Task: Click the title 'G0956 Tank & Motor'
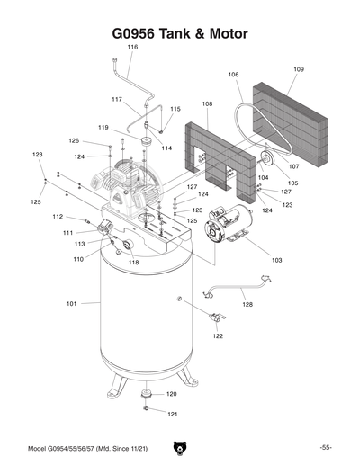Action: pos(179,33)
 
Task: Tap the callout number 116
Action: pos(132,47)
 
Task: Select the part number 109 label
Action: pos(299,69)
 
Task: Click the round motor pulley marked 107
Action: pos(266,159)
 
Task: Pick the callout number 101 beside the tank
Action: pos(72,304)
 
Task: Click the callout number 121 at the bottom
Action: pos(172,415)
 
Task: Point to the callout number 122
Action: pos(218,336)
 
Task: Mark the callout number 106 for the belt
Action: pos(233,75)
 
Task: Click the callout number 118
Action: pos(133,262)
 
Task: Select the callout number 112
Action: pos(57,217)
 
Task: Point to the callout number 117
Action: pos(117,99)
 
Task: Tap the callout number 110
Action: pos(79,259)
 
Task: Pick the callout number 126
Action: pos(75,140)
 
